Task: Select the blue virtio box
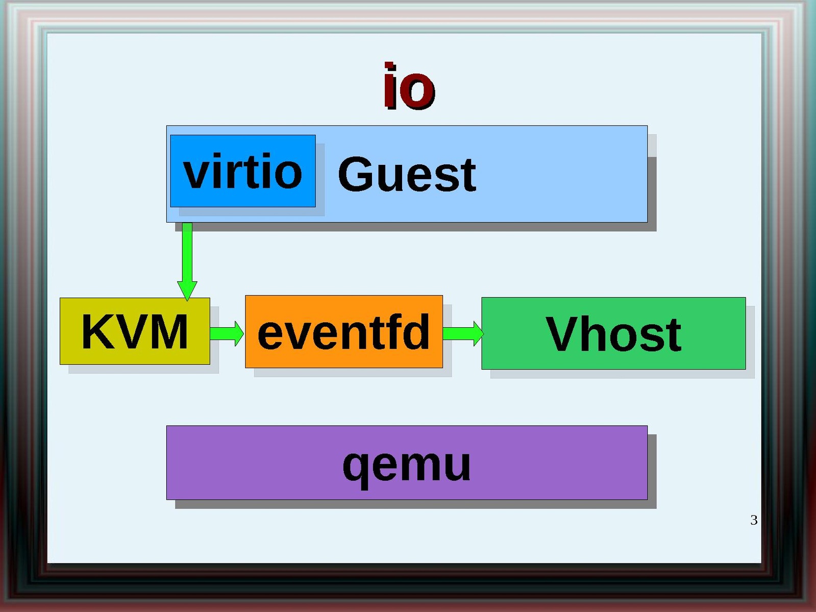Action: tap(242, 171)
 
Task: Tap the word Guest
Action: tap(407, 175)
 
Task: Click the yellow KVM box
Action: tap(135, 331)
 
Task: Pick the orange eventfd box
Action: tap(343, 332)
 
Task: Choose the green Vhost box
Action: tap(613, 333)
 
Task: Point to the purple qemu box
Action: tap(406, 462)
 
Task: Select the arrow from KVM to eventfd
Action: tap(227, 333)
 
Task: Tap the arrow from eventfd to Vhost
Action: tap(462, 333)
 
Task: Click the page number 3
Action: tap(754, 520)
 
